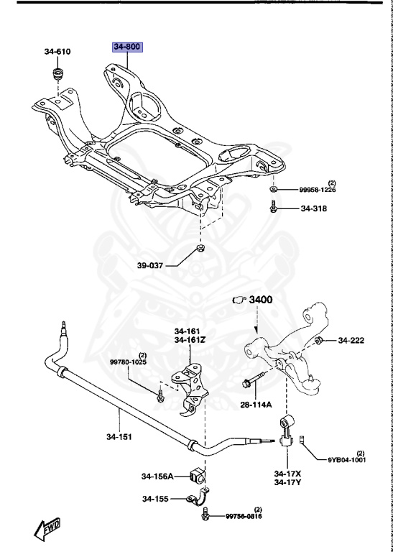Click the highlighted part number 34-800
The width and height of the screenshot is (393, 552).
pyautogui.click(x=127, y=48)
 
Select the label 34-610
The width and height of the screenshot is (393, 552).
pyautogui.click(x=57, y=52)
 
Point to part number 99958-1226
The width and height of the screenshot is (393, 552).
pyautogui.click(x=318, y=190)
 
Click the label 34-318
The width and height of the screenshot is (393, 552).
pyautogui.click(x=313, y=209)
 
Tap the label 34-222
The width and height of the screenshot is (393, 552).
pyautogui.click(x=353, y=340)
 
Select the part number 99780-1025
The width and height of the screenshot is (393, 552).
pyautogui.click(x=127, y=362)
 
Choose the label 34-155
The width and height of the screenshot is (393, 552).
pyautogui.click(x=154, y=498)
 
